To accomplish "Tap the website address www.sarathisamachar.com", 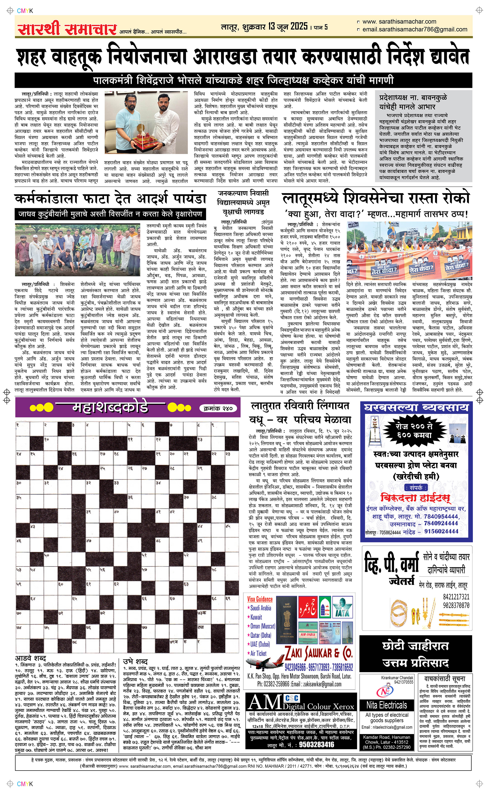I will (399, 22).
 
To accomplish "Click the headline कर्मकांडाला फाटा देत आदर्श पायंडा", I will (111, 199).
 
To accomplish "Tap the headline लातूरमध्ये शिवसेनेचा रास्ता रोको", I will (376, 198).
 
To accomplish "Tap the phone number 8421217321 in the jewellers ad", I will (456, 596).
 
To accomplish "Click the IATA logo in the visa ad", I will (341, 608).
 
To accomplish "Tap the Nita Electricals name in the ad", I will (386, 705).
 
